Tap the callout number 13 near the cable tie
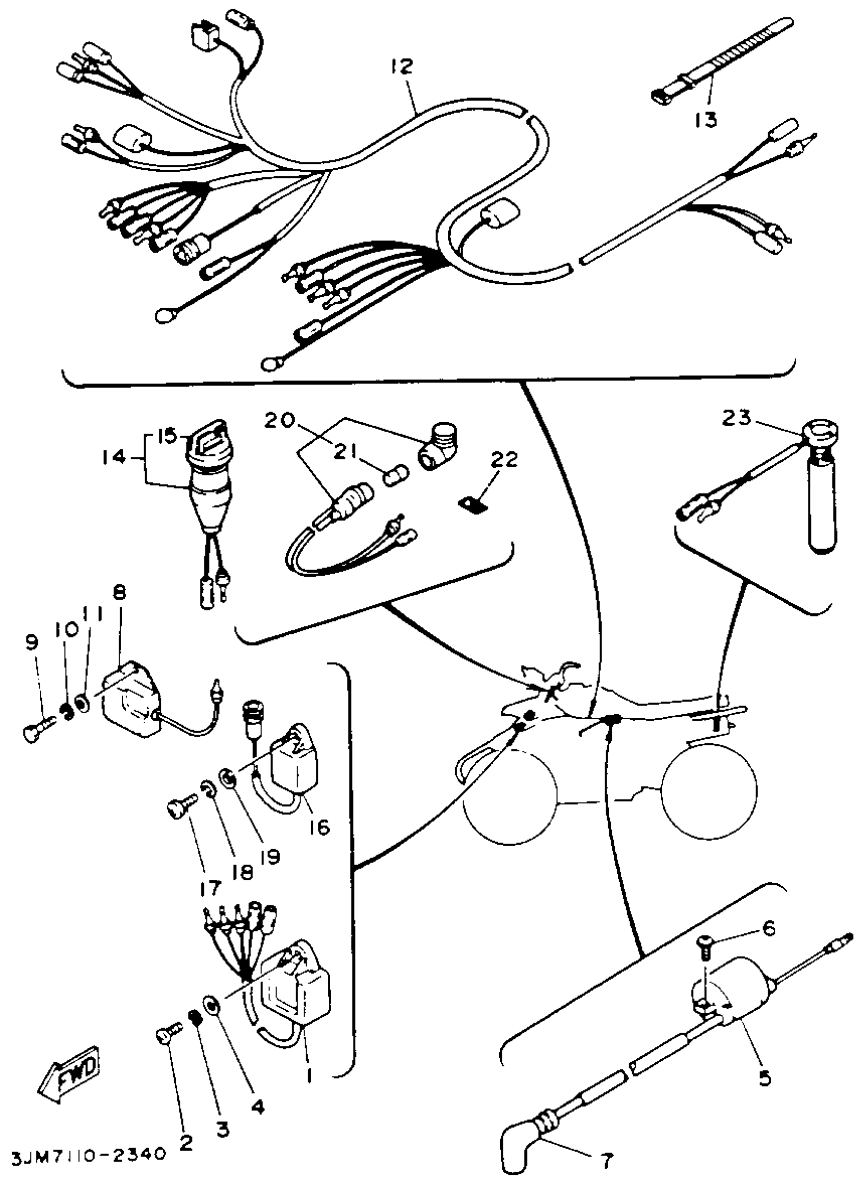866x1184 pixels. click(x=706, y=120)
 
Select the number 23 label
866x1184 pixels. click(x=737, y=418)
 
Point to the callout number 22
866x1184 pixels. click(x=504, y=460)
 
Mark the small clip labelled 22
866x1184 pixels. click(x=472, y=503)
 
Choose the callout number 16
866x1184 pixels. click(x=319, y=827)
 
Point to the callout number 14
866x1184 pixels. click(x=114, y=457)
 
